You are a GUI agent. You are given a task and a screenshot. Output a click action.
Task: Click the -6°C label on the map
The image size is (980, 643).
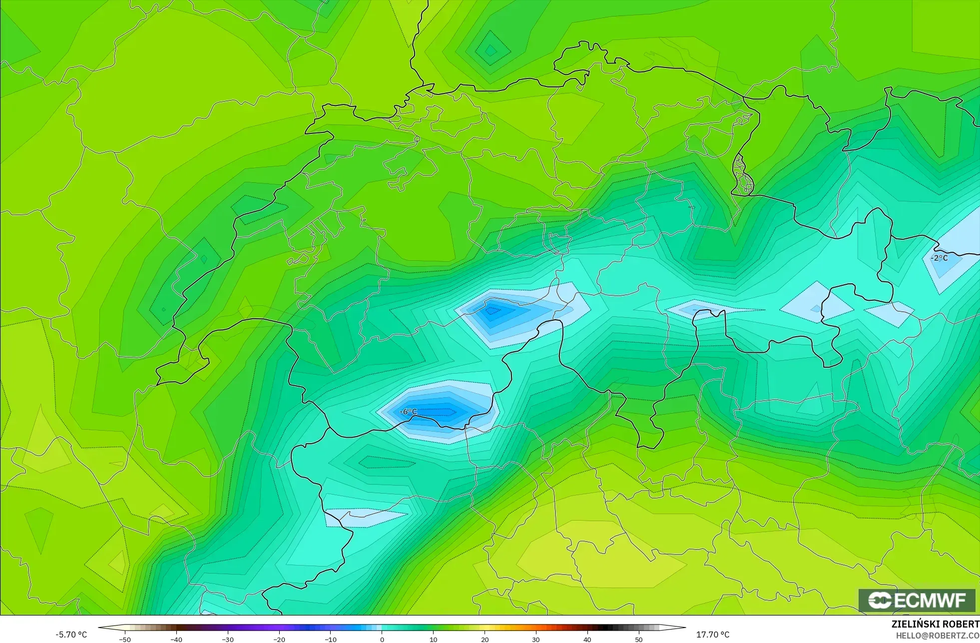tap(409, 412)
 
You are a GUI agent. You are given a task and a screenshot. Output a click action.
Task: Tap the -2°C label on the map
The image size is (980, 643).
tap(939, 258)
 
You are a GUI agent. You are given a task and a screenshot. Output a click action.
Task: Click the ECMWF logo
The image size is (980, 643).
tap(917, 600)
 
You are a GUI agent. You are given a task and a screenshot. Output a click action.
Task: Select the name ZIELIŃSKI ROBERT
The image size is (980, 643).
tap(935, 624)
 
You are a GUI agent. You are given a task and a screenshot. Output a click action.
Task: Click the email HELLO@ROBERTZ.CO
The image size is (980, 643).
tap(937, 636)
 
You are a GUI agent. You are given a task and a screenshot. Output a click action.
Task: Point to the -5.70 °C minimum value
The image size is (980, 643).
tap(71, 635)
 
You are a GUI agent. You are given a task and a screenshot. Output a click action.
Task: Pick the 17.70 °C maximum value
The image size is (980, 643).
tap(713, 635)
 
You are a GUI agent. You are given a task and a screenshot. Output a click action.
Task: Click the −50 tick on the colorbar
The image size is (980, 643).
tap(125, 640)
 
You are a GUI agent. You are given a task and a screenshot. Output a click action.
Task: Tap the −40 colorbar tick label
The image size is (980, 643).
tap(176, 640)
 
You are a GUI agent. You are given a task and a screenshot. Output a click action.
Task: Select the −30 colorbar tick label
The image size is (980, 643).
tap(228, 640)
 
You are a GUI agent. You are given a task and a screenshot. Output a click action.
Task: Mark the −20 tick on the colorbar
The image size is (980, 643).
tap(279, 640)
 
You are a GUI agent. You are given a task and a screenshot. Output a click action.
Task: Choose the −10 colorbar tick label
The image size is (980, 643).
tap(331, 640)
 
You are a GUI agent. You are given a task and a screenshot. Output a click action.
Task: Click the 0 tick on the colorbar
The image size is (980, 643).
tap(382, 640)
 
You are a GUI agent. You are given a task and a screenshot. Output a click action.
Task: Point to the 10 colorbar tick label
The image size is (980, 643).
tap(433, 640)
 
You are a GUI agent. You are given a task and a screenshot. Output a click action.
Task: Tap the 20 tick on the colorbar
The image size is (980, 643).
tap(485, 640)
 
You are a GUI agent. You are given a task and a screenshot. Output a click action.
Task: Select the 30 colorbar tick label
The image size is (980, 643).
tap(536, 640)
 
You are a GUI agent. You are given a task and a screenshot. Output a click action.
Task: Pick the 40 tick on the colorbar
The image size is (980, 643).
tap(587, 640)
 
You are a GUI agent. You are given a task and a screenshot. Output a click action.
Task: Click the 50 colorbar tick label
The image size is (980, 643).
tap(639, 640)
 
